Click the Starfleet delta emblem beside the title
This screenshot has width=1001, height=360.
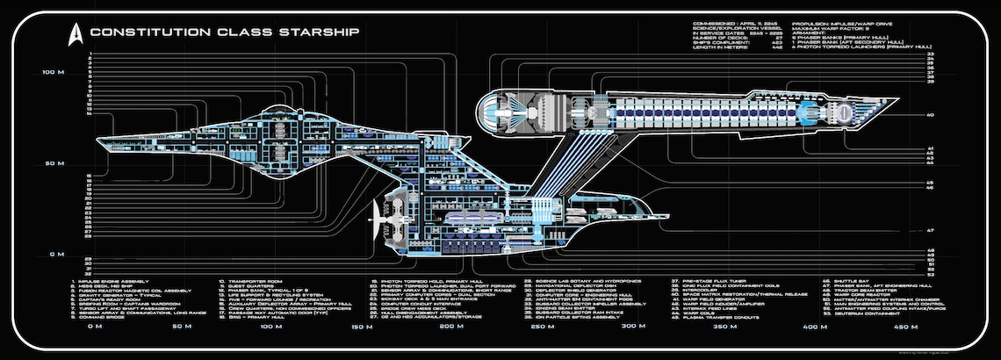coord(75,32)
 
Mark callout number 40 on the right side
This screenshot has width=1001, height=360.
coord(929,115)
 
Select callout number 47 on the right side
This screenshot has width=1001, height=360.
coord(929,230)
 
